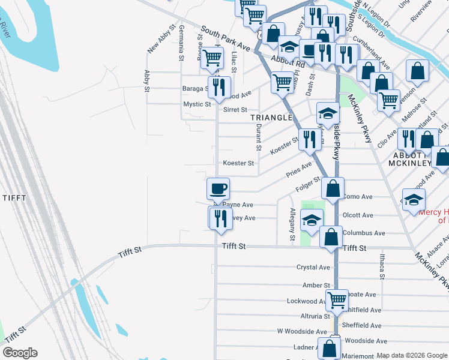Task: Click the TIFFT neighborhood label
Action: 14,198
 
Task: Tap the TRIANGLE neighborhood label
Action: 271,118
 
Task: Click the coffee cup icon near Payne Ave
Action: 218,188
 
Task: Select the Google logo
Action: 20,353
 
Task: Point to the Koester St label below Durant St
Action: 239,163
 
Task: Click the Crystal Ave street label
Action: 313,268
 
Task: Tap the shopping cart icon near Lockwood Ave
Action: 337,299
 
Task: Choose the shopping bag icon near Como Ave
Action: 333,188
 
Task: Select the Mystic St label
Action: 197,104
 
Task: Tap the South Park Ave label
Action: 225,38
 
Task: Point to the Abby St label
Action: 146,80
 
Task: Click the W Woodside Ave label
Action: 302,331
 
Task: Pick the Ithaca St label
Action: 382,266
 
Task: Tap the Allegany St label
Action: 292,225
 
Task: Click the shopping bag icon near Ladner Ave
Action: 330,349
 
